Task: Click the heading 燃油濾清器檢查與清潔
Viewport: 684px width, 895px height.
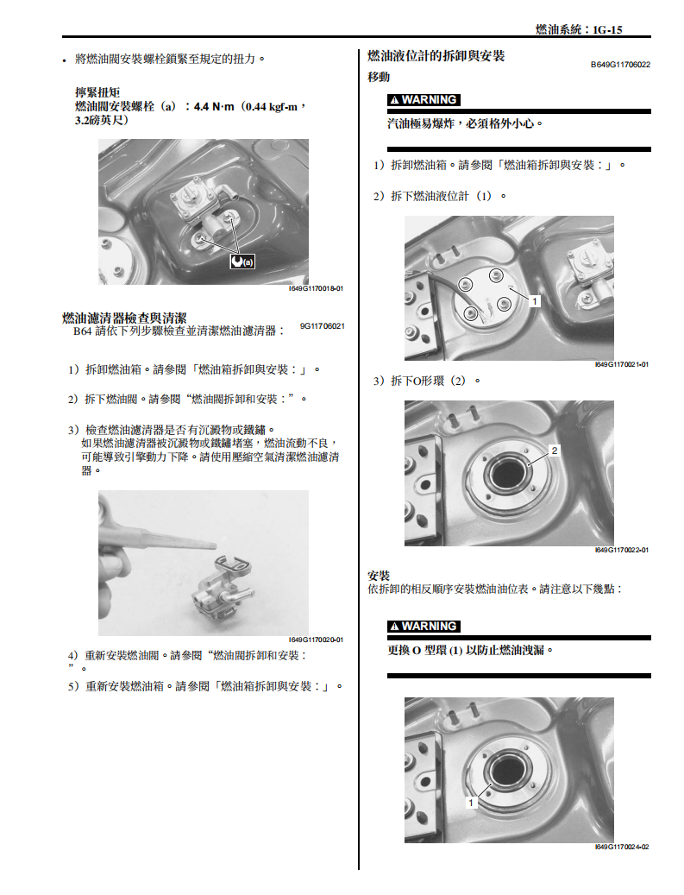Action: click(124, 318)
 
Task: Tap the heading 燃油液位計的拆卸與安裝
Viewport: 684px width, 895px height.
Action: click(436, 56)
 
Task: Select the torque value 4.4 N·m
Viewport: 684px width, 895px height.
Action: click(214, 106)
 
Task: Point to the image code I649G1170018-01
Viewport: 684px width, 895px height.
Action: click(316, 289)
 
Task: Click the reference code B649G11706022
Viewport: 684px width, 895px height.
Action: click(620, 65)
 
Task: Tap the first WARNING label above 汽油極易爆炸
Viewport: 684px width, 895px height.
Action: click(424, 99)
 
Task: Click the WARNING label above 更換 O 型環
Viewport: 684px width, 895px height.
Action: click(424, 626)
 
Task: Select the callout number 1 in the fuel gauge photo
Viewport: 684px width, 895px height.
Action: click(535, 301)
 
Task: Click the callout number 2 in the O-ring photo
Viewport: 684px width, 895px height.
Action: click(555, 451)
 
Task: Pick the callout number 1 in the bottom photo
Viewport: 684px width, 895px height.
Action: click(471, 802)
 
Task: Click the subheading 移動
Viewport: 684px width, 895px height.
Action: click(379, 77)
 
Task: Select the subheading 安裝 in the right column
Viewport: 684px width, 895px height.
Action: click(379, 575)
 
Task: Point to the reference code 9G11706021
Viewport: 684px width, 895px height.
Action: click(323, 326)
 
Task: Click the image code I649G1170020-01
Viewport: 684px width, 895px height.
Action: click(316, 640)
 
